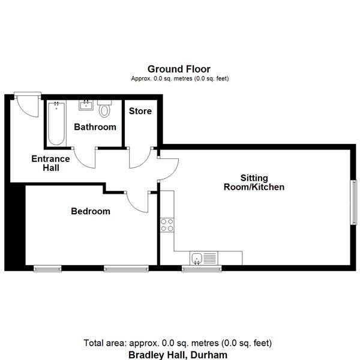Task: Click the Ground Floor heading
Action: pyautogui.click(x=179, y=69)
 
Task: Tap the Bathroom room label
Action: pyautogui.click(x=95, y=127)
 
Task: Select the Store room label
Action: pyautogui.click(x=140, y=111)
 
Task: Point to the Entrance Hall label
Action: pyautogui.click(x=50, y=163)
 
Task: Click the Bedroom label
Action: pyautogui.click(x=91, y=211)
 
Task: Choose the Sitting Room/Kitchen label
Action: pyautogui.click(x=254, y=182)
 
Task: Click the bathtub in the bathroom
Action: pyautogui.click(x=56, y=124)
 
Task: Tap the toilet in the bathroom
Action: pyautogui.click(x=104, y=109)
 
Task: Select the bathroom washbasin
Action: pyautogui.click(x=86, y=106)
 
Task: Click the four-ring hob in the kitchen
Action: pyautogui.click(x=167, y=225)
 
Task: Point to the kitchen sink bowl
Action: pyautogui.click(x=197, y=258)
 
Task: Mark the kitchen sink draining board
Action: pyautogui.click(x=210, y=258)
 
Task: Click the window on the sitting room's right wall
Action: pyautogui.click(x=354, y=202)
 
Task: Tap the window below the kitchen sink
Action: pyautogui.click(x=202, y=268)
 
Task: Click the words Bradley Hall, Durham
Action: pyautogui.click(x=178, y=355)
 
